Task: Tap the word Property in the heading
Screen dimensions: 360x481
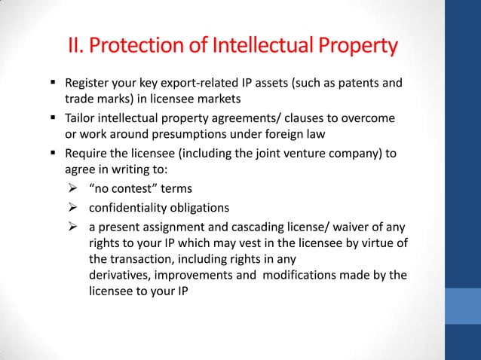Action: [x=354, y=47]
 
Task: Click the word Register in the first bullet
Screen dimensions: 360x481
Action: [x=87, y=82]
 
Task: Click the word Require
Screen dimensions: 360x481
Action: [x=86, y=154]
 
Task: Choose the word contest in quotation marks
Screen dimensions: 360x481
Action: [x=128, y=188]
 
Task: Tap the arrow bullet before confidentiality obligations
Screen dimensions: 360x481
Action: [x=73, y=208]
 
